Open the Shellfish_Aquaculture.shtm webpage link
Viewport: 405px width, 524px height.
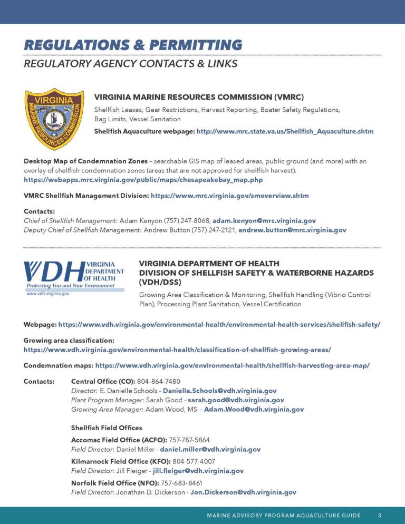[x=285, y=131]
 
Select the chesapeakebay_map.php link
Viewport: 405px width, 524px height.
[x=143, y=180]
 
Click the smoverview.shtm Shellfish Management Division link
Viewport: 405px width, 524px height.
[x=229, y=196]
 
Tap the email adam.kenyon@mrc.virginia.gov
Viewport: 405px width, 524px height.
[x=264, y=220]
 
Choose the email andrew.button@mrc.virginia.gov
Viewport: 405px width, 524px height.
[x=292, y=230]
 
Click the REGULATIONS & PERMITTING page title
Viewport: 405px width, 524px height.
[x=133, y=45]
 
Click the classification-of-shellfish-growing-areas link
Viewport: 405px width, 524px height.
[x=177, y=350]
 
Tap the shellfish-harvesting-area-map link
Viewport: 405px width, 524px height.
[x=232, y=365]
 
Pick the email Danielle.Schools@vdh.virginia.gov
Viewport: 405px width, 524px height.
[x=219, y=391]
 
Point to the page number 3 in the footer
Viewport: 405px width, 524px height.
[x=380, y=515]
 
